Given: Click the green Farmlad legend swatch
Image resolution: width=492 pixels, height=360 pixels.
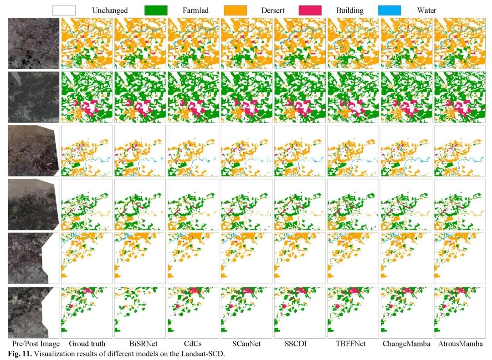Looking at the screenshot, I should (x=156, y=10).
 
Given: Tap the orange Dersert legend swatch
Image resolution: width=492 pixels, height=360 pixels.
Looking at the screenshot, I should (x=236, y=10).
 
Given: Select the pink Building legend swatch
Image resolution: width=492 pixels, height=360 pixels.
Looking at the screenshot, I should (x=310, y=10).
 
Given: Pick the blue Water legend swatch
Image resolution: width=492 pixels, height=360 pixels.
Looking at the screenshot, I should (x=389, y=10).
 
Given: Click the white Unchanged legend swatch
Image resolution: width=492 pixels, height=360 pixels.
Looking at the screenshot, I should (x=64, y=10).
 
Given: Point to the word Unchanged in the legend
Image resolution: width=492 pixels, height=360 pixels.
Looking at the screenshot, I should (x=110, y=10).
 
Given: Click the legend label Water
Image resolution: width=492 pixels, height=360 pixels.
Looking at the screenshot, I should (x=426, y=10).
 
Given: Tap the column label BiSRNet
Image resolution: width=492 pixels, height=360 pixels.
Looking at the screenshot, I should (x=140, y=344).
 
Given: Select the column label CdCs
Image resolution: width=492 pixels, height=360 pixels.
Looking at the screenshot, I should (x=194, y=344).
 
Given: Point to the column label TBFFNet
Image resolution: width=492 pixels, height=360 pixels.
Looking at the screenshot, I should (x=353, y=344).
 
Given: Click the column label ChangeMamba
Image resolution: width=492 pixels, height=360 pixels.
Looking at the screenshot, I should (x=406, y=344).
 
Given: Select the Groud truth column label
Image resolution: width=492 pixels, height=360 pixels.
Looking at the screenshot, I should (x=87, y=344).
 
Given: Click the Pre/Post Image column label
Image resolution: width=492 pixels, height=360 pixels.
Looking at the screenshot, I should (x=33, y=344).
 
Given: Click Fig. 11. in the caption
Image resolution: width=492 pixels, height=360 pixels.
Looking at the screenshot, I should (x=19, y=353).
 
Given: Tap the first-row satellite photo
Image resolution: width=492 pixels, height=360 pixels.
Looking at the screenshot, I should (x=33, y=43).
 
